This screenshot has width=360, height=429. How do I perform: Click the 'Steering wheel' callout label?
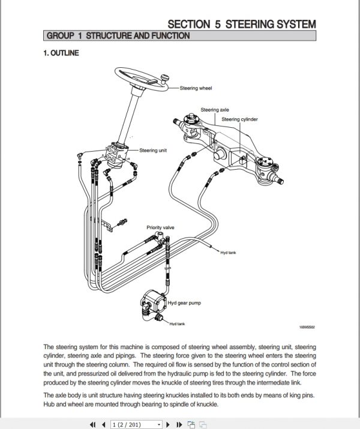tap(196, 88)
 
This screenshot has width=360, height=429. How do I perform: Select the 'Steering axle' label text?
tap(214, 110)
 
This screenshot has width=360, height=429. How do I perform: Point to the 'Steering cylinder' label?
tap(239, 119)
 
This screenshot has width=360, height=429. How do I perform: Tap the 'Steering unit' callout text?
tap(153, 151)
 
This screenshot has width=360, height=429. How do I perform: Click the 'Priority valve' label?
tap(161, 227)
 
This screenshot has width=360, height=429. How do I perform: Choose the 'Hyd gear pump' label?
tap(184, 304)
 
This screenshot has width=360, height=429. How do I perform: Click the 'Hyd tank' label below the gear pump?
tap(177, 324)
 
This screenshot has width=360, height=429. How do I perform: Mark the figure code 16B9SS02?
tap(307, 328)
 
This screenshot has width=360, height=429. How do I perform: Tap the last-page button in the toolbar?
tap(179, 424)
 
